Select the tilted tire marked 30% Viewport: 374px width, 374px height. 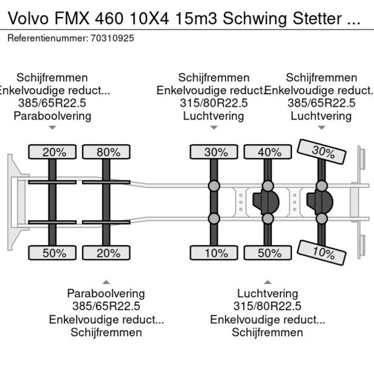pyautogui.click(x=322, y=152)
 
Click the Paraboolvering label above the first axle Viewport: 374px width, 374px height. pyautogui.click(x=52, y=116)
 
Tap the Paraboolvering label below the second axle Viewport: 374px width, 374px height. pyautogui.click(x=106, y=294)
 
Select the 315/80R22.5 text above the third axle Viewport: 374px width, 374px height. pyautogui.click(x=214, y=103)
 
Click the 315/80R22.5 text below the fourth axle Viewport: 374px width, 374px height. pyautogui.click(x=267, y=306)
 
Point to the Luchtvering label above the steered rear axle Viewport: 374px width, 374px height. pyautogui.click(x=321, y=116)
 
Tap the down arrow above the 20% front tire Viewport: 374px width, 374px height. pyautogui.click(x=52, y=127)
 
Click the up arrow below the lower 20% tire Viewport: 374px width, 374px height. pyautogui.click(x=106, y=282)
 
